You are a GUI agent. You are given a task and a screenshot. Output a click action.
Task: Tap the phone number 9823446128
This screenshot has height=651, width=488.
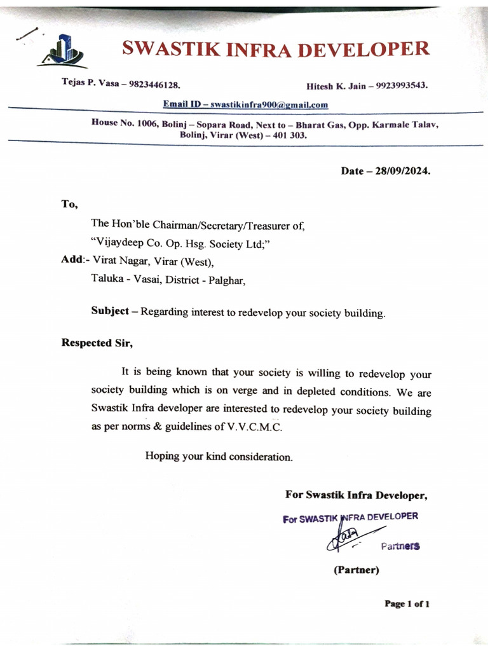pyautogui.click(x=154, y=84)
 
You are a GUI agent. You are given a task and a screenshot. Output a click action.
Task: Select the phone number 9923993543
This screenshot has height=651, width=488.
pyautogui.click(x=402, y=85)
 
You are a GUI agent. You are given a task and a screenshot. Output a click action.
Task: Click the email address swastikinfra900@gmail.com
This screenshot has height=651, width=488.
pyautogui.click(x=269, y=104)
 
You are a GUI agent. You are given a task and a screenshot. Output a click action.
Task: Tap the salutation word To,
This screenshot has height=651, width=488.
pyautogui.click(x=69, y=204)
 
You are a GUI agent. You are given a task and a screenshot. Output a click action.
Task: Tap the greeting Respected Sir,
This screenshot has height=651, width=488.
pyautogui.click(x=97, y=343)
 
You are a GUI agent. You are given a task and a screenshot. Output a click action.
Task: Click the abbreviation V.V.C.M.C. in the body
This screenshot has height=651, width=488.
pyautogui.click(x=254, y=427)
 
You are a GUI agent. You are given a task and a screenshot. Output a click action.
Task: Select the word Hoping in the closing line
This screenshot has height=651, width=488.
pyautogui.click(x=162, y=456)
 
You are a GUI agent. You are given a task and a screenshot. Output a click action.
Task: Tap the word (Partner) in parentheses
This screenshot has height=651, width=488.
pyautogui.click(x=356, y=570)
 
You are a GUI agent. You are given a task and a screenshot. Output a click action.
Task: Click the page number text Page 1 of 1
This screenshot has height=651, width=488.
pyautogui.click(x=407, y=603)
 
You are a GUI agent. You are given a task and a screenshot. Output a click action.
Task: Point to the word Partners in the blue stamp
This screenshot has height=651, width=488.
pyautogui.click(x=400, y=545)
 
